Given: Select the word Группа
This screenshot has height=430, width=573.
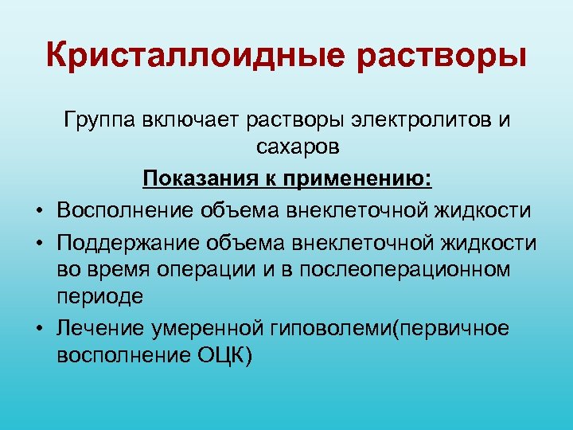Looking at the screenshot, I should (x=100, y=121).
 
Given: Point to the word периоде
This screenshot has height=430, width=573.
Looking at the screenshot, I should (x=100, y=295).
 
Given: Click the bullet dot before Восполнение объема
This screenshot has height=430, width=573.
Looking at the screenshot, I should (x=39, y=210).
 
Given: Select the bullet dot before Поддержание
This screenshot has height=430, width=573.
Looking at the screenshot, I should (x=39, y=243).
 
